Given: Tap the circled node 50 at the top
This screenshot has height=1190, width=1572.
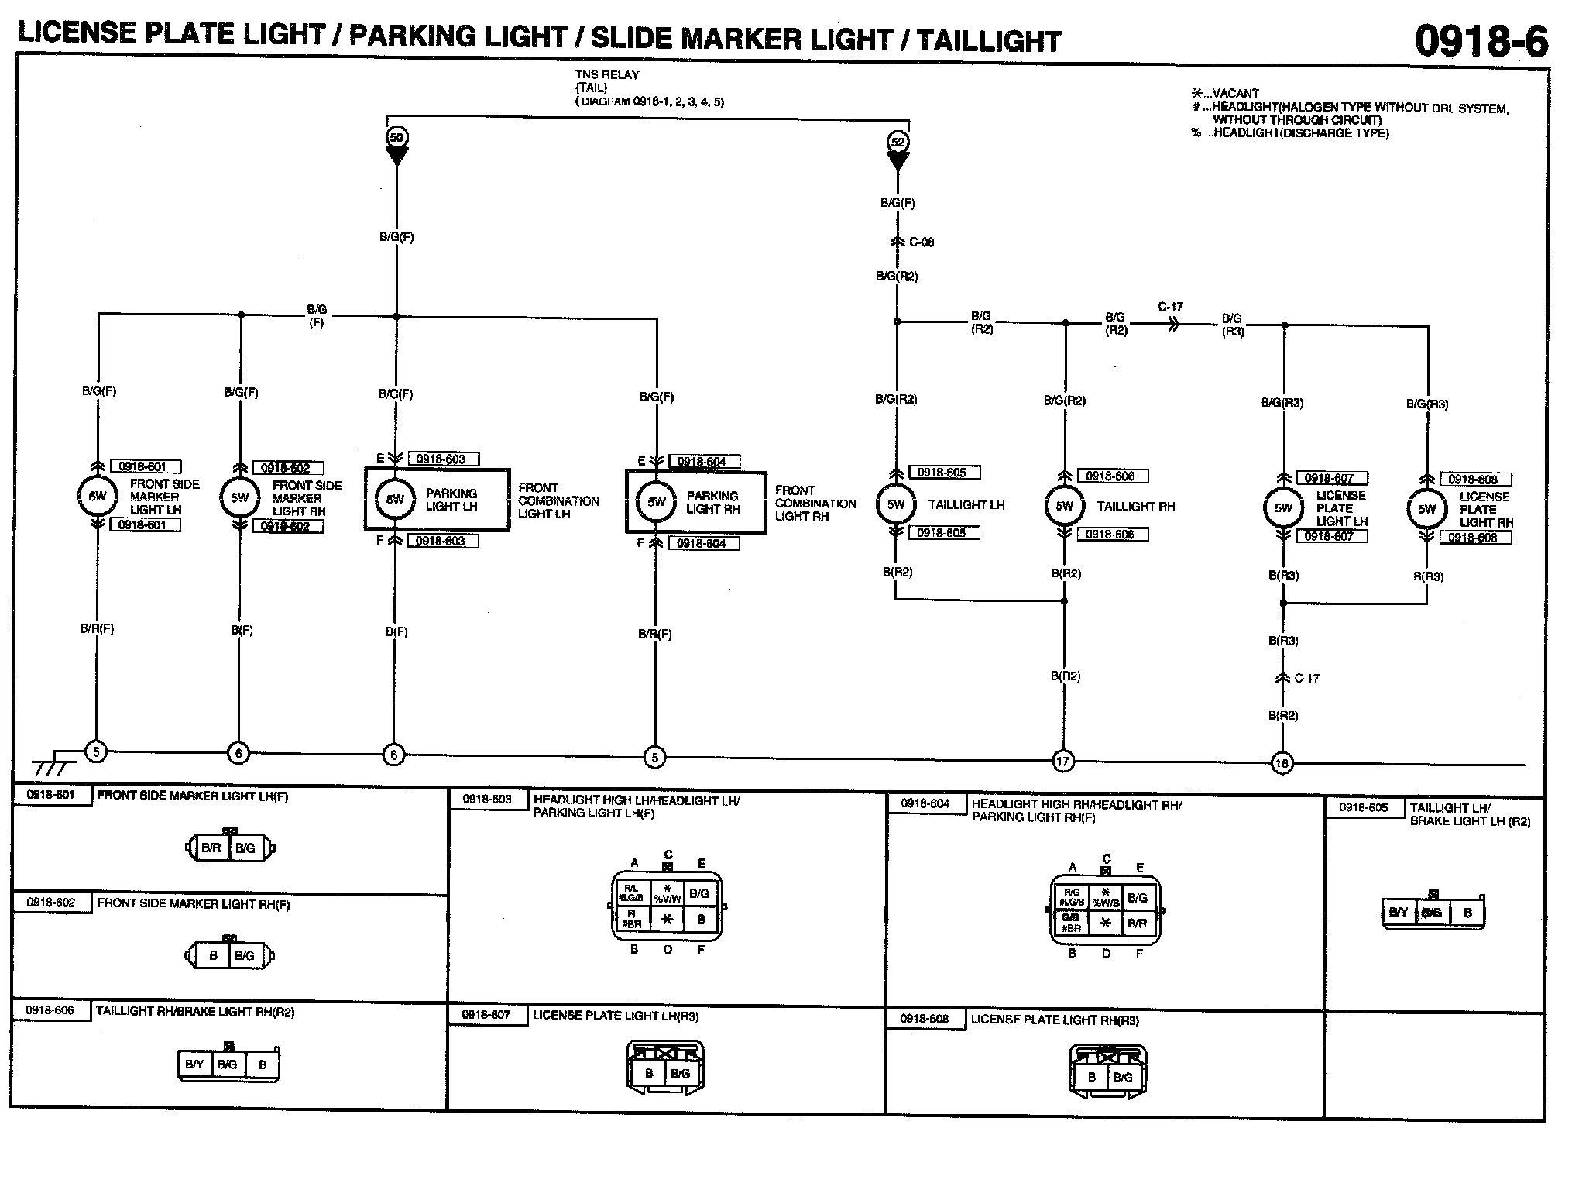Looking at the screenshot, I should tap(396, 138).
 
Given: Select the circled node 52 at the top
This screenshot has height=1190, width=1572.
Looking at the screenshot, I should tap(898, 142).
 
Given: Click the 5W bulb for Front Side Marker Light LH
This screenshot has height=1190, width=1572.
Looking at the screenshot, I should tap(97, 496).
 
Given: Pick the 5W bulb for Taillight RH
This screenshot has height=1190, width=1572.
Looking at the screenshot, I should tap(1065, 506).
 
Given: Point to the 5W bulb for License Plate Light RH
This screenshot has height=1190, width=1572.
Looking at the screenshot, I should tap(1426, 509).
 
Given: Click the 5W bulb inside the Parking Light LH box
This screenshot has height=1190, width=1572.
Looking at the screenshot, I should tap(395, 500).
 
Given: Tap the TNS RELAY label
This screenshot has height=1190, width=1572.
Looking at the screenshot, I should tap(607, 75).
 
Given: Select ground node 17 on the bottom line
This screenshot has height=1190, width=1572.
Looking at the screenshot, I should tap(1062, 762).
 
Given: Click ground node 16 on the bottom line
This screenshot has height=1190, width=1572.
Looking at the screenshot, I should tap(1282, 764).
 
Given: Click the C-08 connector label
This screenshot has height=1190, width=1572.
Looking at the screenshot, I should tap(922, 242).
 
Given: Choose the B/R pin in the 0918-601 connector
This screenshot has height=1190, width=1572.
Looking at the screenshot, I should tap(211, 848).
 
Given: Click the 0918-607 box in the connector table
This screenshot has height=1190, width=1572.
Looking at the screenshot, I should tap(486, 1015).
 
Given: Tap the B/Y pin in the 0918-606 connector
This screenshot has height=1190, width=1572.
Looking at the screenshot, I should tap(194, 1064).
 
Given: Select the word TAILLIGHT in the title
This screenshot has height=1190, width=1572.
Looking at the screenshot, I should tap(989, 41).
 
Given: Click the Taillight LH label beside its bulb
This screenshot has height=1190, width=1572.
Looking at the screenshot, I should tap(966, 505).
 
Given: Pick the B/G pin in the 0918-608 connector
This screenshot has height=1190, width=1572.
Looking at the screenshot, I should tap(1123, 1077).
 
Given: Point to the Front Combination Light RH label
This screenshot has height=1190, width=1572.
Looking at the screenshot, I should tap(815, 504).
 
